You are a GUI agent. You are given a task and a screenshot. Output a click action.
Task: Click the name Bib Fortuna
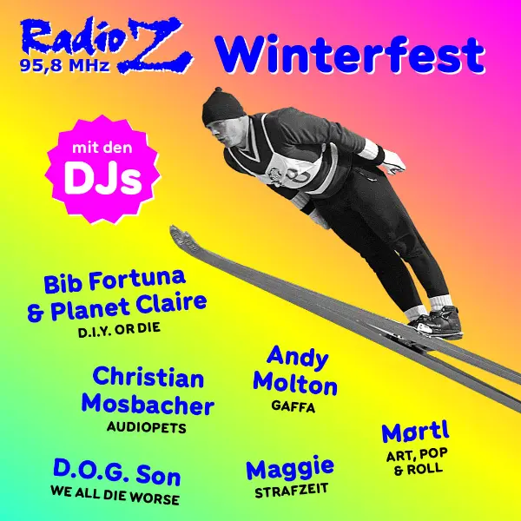115,281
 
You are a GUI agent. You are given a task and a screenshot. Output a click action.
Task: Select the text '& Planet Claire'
118,307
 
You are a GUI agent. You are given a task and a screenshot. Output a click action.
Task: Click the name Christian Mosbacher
148,391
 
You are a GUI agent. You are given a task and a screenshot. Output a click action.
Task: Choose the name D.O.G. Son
116,475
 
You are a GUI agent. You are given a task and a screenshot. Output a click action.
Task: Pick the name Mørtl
415,432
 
